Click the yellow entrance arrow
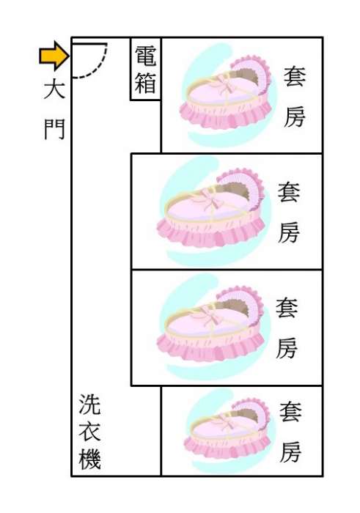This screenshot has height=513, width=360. [x=54, y=56]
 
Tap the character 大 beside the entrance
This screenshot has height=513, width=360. [x=54, y=89]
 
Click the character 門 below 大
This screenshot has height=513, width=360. [x=54, y=129]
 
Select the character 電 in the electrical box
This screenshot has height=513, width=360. [x=145, y=56]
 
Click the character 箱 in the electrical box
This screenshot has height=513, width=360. [x=145, y=82]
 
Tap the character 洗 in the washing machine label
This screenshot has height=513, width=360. [x=89, y=405]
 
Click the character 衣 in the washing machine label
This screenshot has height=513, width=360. [x=89, y=431]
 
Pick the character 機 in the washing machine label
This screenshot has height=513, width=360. [x=89, y=458]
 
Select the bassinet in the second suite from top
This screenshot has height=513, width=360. [x=211, y=209]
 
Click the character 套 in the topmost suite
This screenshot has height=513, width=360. [x=295, y=76]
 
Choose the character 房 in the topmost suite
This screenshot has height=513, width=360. [x=295, y=117]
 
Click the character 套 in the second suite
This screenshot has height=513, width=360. [x=289, y=192]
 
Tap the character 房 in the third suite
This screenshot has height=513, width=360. [x=287, y=347]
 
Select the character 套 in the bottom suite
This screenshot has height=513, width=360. [x=290, y=412]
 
